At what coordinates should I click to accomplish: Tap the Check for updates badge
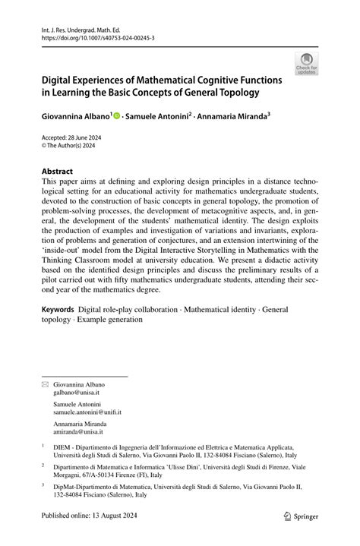pos(306,65)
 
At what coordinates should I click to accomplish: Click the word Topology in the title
pos(235,93)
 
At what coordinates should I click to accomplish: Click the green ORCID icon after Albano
pos(117,118)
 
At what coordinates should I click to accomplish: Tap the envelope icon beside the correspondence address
pos(44,385)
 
